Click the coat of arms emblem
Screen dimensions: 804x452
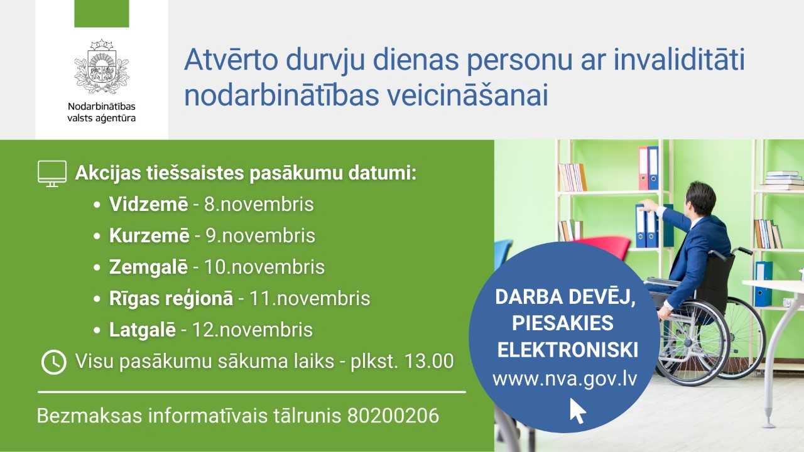point(102,67)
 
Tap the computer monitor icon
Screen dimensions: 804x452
point(52,174)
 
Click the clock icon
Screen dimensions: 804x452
point(54,362)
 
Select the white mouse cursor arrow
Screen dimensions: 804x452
point(577,411)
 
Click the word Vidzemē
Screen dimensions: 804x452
point(149,204)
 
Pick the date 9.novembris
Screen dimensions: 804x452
point(260,235)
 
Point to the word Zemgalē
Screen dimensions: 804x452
point(148,267)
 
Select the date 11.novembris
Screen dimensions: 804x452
point(310,298)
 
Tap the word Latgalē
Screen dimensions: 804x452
point(143,330)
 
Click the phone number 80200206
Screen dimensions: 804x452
point(393,416)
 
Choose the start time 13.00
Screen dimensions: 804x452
point(429,361)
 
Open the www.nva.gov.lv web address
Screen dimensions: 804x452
point(565,379)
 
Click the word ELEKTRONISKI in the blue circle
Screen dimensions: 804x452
point(567,350)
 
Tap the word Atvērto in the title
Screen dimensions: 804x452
point(232,60)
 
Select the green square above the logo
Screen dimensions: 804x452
point(102,14)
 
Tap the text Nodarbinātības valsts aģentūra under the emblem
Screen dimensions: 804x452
point(102,112)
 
